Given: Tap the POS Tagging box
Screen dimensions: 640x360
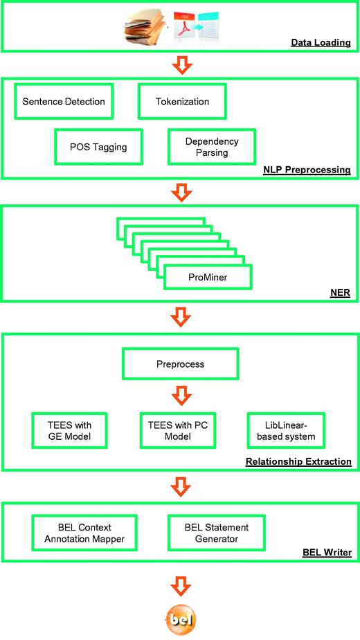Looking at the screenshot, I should coord(98,147).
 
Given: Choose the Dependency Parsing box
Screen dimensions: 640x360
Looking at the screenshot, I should coord(212,147).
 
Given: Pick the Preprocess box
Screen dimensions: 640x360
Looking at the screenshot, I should coord(180,362).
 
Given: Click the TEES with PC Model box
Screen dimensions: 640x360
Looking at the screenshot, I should coord(180,432).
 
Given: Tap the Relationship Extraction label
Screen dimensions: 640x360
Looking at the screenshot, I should coord(299,461).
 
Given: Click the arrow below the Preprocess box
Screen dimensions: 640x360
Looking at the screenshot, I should coord(180,395).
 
